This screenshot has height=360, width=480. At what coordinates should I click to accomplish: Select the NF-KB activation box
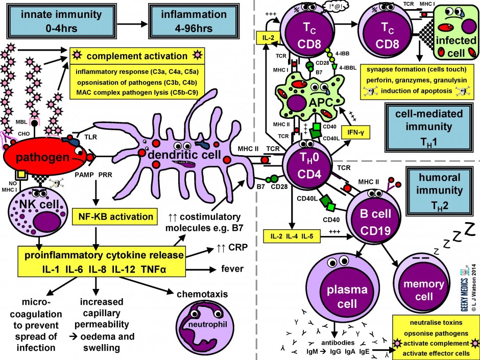(112, 217)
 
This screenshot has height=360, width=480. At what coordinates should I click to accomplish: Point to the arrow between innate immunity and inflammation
(126, 22)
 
